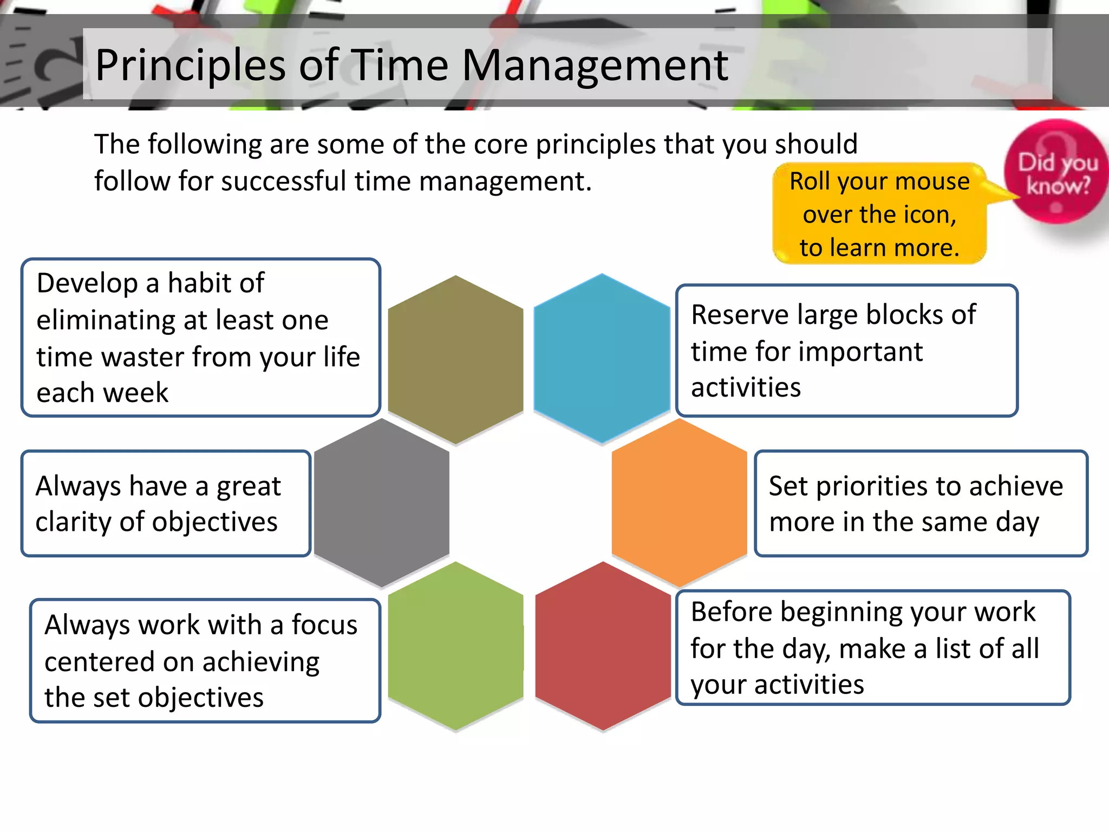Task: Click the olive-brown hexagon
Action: coord(455,360)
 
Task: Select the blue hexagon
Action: coord(602,359)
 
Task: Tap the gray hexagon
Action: coord(381,503)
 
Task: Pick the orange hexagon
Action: coord(679,503)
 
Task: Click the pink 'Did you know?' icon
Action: coord(1056,172)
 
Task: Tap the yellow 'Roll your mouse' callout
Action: coord(879,214)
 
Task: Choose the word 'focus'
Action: coord(324,625)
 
